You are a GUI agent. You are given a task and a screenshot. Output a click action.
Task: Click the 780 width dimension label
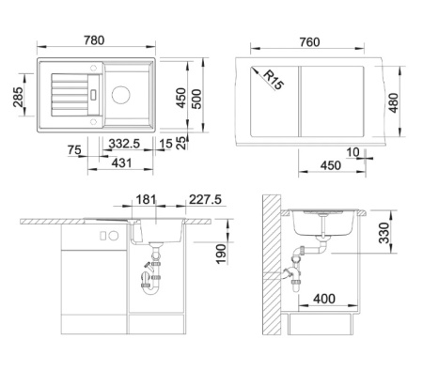point(94,40)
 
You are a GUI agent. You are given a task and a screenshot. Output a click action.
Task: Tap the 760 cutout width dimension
point(309,42)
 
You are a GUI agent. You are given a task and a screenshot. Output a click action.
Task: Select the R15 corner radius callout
point(274,80)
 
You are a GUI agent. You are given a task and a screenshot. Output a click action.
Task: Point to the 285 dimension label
point(18,97)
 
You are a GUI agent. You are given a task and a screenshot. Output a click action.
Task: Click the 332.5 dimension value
point(124,144)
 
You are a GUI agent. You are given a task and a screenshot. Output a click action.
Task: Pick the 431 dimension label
point(121,162)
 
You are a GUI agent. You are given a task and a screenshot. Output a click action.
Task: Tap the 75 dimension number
point(74,150)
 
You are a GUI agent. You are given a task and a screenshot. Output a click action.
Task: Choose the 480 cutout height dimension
point(393,102)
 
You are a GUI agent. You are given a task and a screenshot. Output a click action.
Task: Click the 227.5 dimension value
point(205,199)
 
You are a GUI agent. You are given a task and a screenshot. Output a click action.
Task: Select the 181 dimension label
point(146,199)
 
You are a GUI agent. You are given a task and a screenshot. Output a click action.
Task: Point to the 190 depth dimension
point(221,255)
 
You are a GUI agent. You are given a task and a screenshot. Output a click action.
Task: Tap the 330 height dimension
point(384,233)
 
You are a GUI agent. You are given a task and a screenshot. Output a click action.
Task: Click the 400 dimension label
point(324,299)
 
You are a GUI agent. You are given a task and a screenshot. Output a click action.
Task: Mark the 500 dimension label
point(196,99)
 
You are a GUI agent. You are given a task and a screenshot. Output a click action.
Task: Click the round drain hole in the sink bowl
point(121,95)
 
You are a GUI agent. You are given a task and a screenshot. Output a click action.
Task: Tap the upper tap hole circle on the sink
point(93,68)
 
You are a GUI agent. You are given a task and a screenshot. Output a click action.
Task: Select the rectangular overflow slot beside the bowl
point(93,95)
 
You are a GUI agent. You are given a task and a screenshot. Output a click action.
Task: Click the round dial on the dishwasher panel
point(114,236)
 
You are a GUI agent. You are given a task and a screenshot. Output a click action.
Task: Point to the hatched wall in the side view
point(272,265)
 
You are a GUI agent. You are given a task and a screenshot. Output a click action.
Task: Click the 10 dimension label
point(352,152)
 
